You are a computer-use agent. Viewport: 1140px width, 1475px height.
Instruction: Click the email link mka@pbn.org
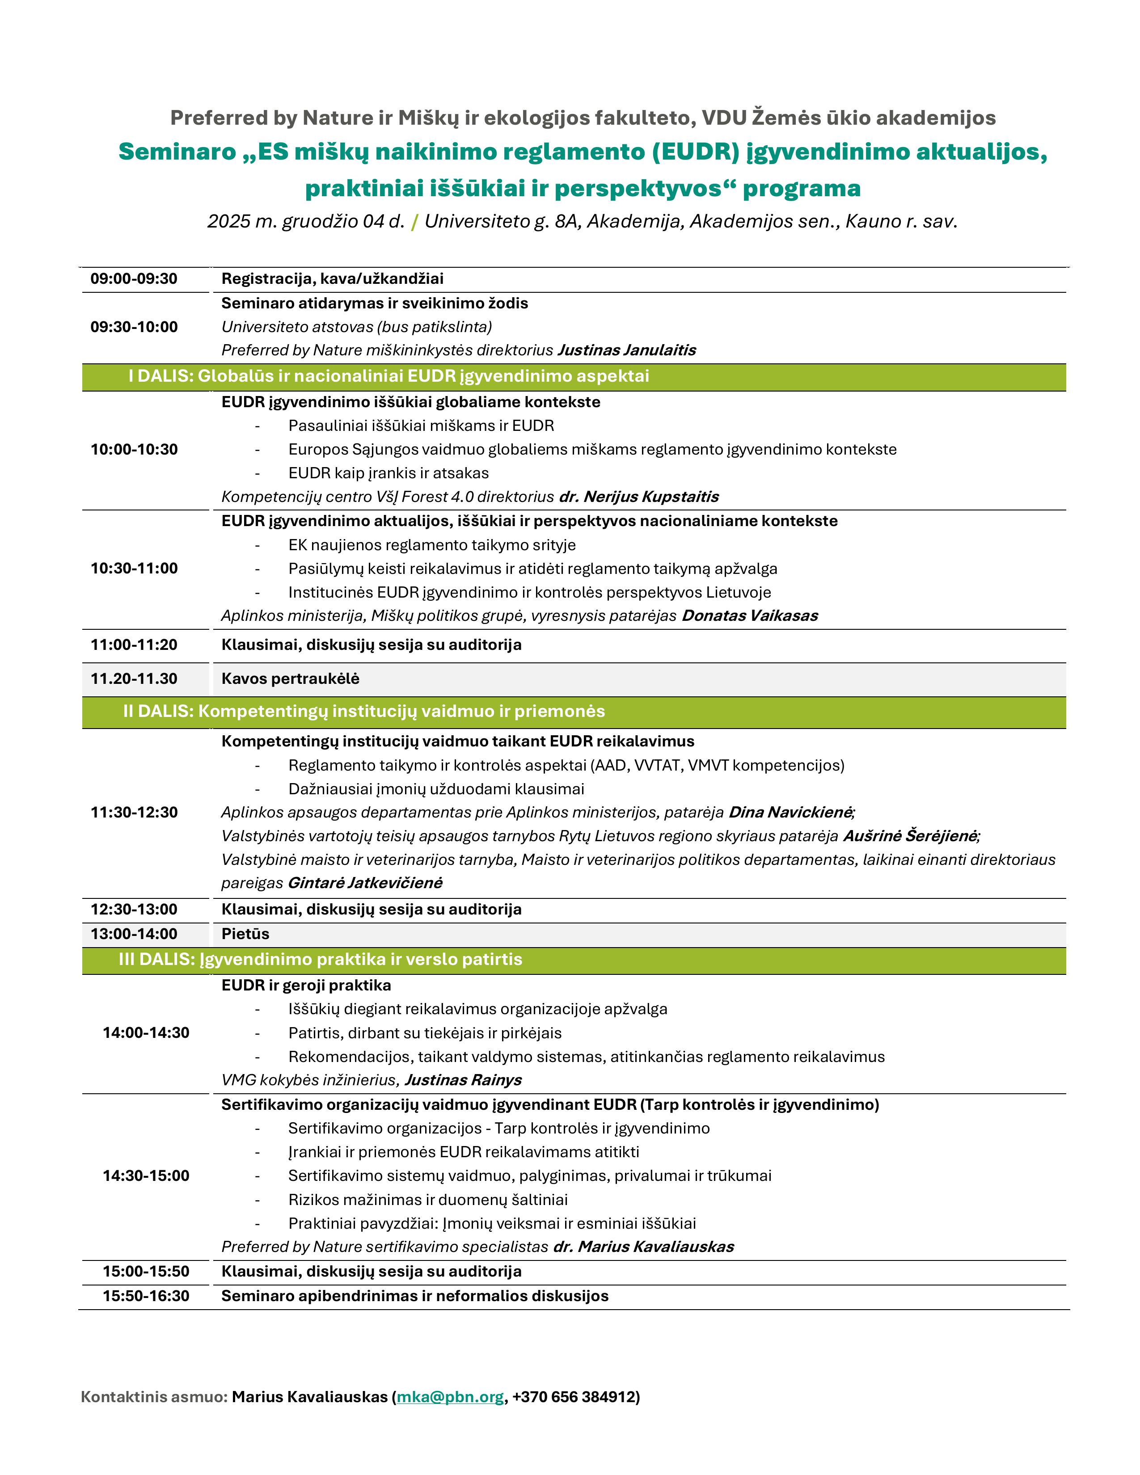click(x=450, y=1397)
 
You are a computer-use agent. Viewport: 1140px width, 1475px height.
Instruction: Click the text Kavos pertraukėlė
click(x=291, y=679)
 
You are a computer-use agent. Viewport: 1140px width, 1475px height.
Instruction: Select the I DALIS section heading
click(x=388, y=376)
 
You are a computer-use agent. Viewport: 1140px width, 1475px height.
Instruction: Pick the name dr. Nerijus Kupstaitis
click(x=639, y=497)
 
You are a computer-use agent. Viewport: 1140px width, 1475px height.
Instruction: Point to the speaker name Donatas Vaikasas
click(x=750, y=616)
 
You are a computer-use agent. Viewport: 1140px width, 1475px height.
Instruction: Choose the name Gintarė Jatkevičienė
click(x=365, y=883)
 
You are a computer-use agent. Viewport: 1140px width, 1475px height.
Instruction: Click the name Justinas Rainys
click(x=463, y=1080)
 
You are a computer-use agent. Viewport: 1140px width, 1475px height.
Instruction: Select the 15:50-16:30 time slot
click(x=146, y=1296)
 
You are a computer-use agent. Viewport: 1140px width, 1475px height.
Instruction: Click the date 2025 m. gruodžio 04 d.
click(x=305, y=222)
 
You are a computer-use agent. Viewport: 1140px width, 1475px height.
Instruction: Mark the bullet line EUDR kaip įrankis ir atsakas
click(x=388, y=473)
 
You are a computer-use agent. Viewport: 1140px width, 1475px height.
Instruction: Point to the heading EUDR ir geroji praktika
click(x=306, y=986)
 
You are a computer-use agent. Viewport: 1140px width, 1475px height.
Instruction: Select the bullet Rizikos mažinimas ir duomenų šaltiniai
click(x=427, y=1200)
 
